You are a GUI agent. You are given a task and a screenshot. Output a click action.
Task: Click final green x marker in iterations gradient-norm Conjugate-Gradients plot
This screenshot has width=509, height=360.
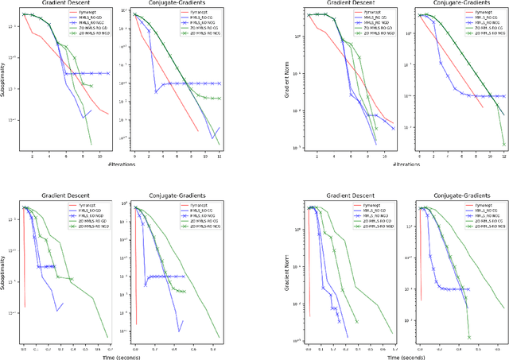click(x=503, y=144)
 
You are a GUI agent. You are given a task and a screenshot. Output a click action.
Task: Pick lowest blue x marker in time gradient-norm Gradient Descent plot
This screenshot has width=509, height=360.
click(x=342, y=323)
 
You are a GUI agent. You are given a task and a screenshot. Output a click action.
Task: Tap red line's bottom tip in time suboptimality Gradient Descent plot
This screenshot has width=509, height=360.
click(x=25, y=307)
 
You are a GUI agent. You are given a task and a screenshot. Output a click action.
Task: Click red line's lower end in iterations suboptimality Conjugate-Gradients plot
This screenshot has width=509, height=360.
click(x=197, y=130)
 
